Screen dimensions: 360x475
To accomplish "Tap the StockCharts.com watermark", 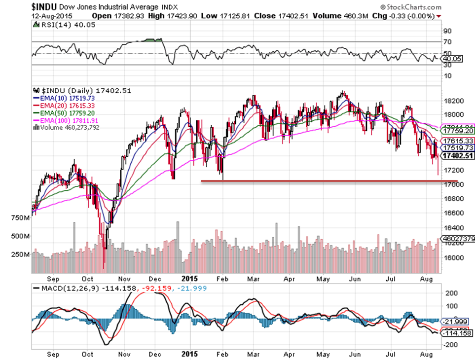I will pyautogui.click(x=411, y=7).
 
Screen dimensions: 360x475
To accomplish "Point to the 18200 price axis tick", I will pyautogui.click(x=453, y=101).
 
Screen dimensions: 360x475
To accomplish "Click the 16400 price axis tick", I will pyautogui.click(x=453, y=228).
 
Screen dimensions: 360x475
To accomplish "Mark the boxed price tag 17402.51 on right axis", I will pyautogui.click(x=457, y=156).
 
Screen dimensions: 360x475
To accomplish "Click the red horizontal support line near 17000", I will pyautogui.click(x=321, y=181).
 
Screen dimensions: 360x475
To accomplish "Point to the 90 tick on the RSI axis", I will pyautogui.click(x=448, y=43).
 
